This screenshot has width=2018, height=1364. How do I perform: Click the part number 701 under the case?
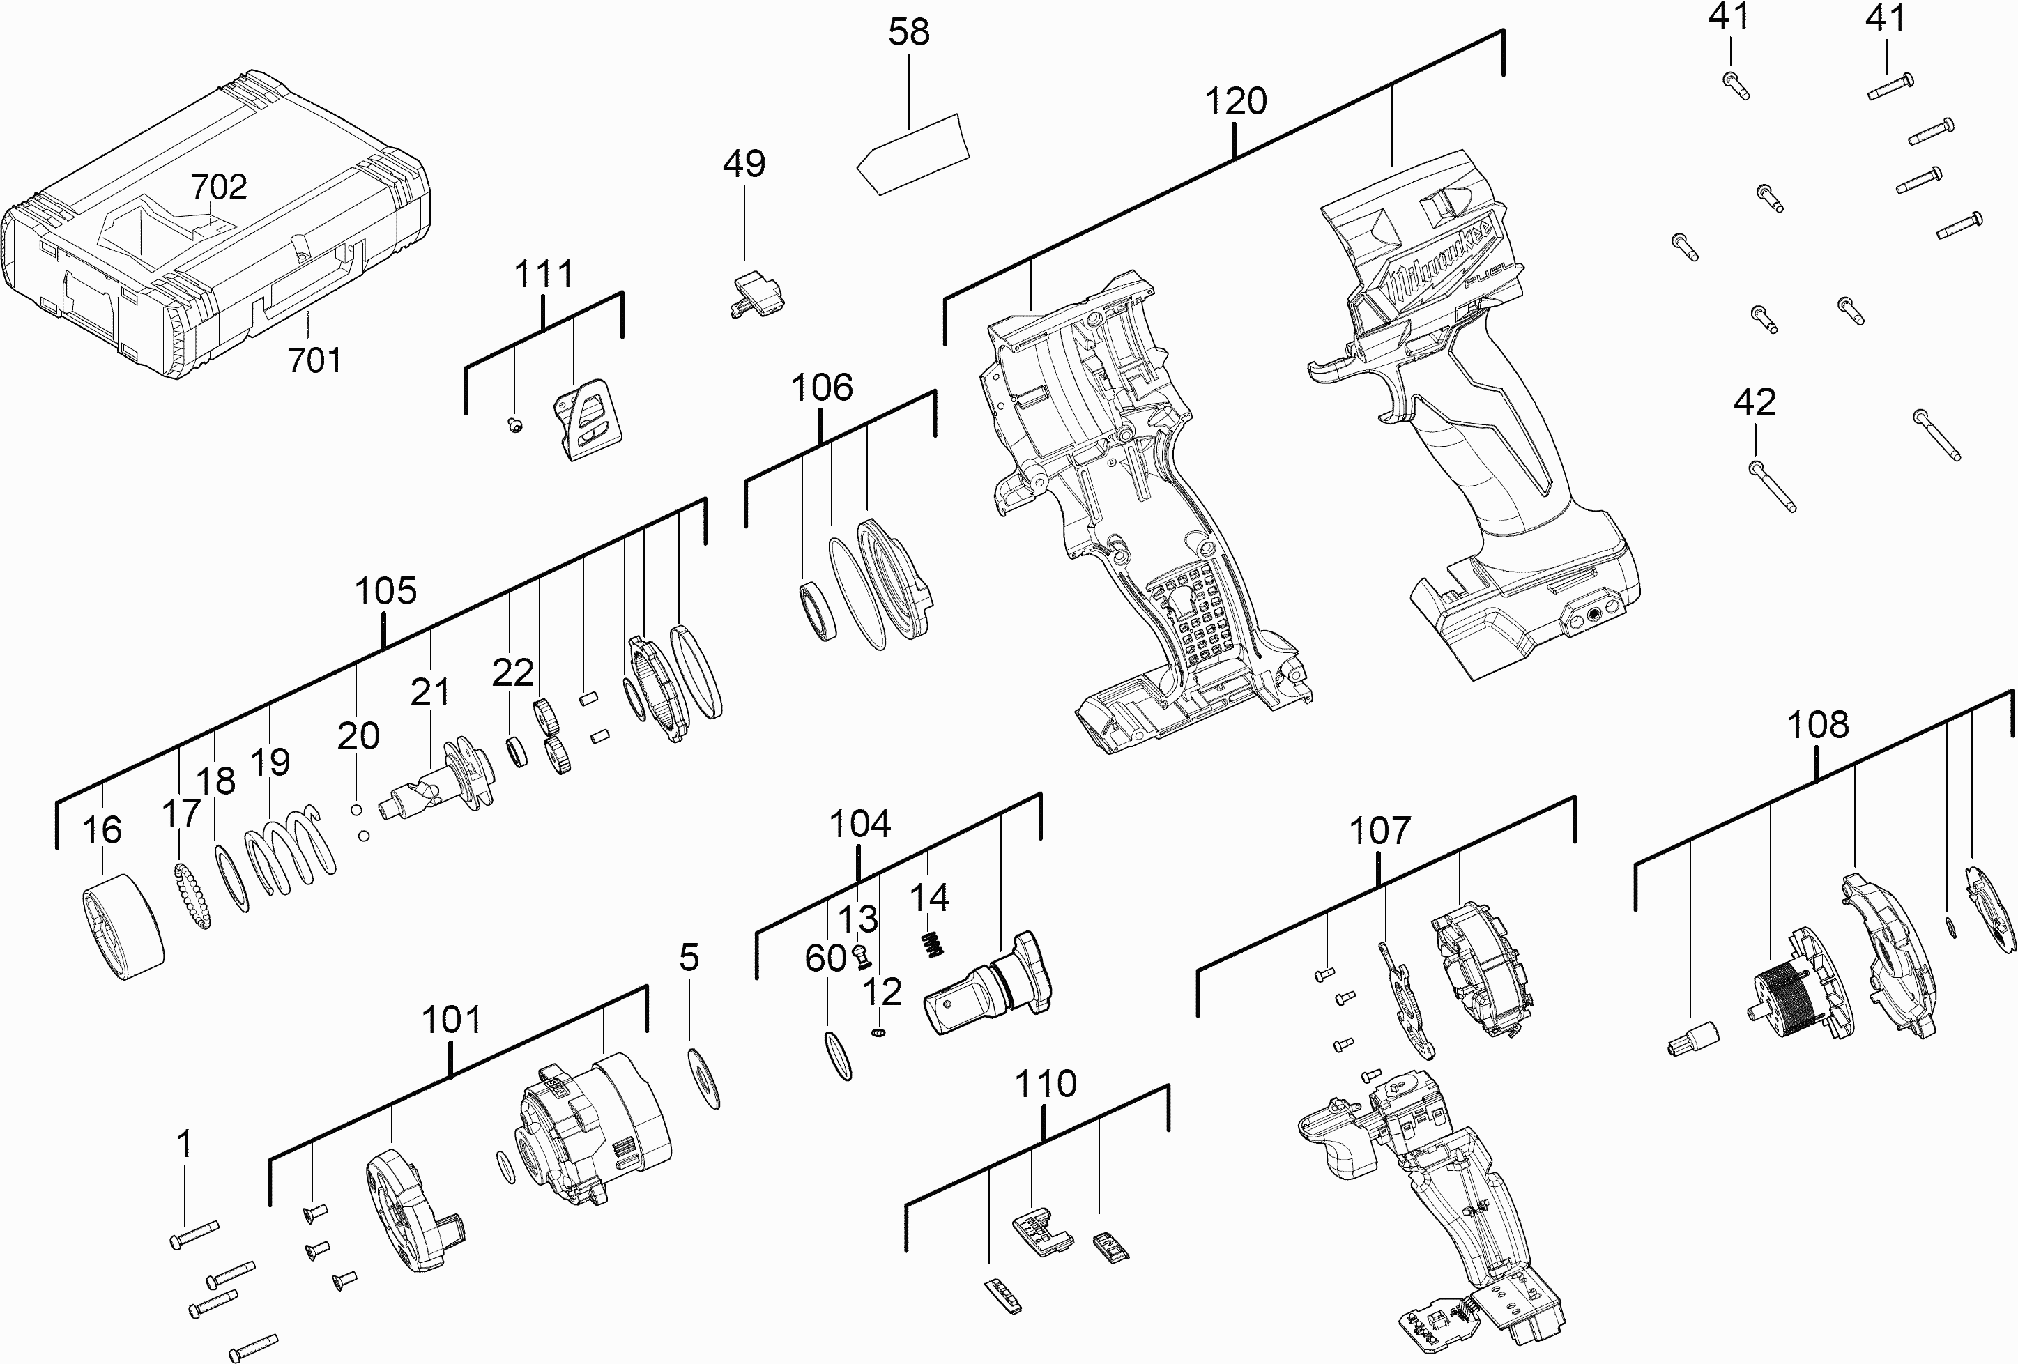[314, 360]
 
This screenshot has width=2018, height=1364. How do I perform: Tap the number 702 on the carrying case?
[219, 187]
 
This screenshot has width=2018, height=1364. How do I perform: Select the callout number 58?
[909, 32]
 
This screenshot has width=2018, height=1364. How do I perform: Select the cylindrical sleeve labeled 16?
[123, 926]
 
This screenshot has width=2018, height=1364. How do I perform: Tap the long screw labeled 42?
[1772, 486]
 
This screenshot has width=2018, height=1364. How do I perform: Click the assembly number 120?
[1236, 102]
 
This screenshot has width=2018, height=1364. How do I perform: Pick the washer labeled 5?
[703, 1078]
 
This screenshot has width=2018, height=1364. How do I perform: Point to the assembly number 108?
[1817, 724]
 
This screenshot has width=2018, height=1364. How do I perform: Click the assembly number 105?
[385, 591]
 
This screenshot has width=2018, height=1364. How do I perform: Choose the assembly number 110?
[1046, 1084]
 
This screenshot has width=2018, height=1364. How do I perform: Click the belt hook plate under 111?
[590, 420]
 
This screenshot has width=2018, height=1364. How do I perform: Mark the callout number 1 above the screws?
[184, 1144]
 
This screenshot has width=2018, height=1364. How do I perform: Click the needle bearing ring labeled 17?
[194, 897]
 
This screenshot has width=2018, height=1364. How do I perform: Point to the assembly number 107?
[1379, 831]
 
